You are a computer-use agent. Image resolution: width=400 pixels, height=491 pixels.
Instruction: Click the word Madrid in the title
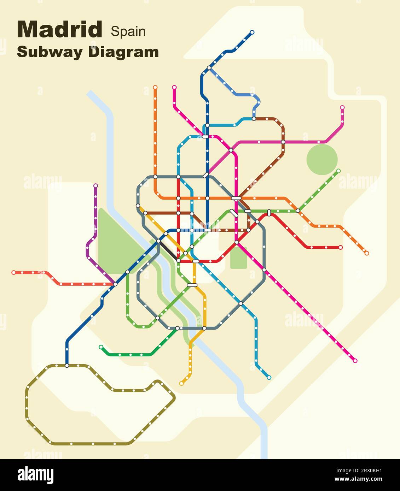pos(60,30)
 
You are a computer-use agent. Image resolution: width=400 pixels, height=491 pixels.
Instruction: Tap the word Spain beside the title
pos(128,31)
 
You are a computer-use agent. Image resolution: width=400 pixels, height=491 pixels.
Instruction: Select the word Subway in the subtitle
pos(50,52)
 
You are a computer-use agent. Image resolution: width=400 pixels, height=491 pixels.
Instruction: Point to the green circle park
pos(322,159)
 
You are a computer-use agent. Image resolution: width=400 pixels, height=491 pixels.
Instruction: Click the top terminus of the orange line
pos(155,87)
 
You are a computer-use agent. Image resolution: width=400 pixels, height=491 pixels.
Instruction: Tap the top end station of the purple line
pos(95,185)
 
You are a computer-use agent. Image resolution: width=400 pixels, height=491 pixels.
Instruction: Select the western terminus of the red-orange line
pos(13,272)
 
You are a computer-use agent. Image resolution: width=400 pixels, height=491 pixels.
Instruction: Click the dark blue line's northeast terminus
pos(252,32)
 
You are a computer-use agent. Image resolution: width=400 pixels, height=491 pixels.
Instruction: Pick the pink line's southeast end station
pos(355,361)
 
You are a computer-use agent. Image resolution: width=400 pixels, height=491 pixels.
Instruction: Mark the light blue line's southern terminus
pos(269,377)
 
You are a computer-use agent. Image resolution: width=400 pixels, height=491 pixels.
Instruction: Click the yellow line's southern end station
pos(181,383)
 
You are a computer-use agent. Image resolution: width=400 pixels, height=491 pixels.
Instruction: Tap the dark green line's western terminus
pos(101,347)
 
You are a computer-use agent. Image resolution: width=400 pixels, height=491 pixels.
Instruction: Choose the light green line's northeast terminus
pos(338,171)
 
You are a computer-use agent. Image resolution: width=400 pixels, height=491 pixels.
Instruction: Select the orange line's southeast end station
pos(367,253)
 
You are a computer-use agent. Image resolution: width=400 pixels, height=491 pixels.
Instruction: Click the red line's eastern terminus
pos(341,247)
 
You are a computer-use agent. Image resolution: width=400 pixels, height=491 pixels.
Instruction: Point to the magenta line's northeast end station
pos(342,107)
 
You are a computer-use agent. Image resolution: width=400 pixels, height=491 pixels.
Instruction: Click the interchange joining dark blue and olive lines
pos(67,366)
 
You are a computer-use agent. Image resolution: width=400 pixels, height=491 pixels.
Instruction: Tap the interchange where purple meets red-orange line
pos(115,284)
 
